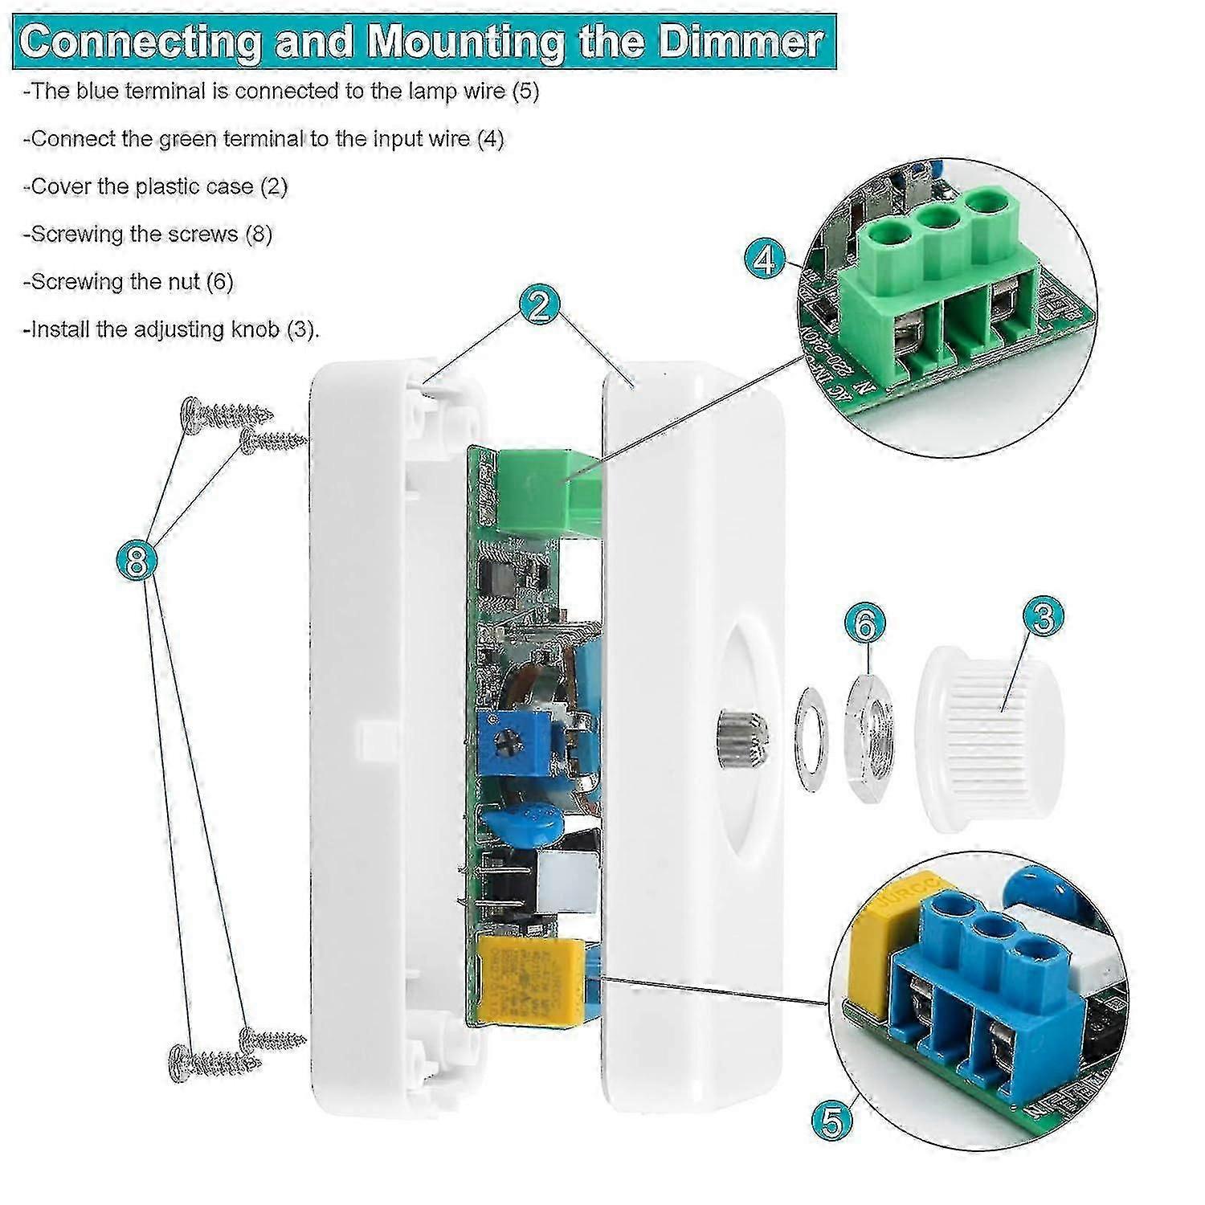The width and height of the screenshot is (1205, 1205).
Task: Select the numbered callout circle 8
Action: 136,560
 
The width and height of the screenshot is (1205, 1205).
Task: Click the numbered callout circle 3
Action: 1043,615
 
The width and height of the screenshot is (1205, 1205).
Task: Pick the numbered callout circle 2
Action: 540,305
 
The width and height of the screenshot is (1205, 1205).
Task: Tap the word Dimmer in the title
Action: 741,40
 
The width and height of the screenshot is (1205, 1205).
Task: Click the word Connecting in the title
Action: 140,40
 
